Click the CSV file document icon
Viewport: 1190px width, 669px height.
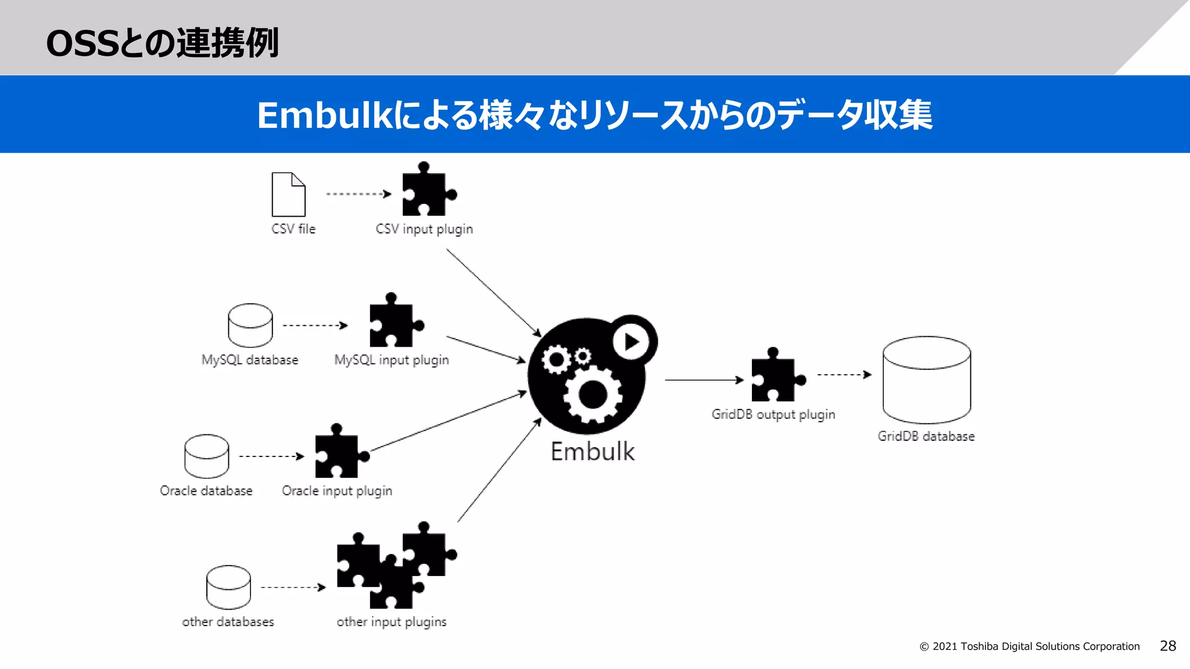point(288,195)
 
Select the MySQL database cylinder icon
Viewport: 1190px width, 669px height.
point(250,325)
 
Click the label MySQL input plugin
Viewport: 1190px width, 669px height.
point(391,360)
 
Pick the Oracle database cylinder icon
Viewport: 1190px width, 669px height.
point(206,456)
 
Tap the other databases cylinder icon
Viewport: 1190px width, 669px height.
point(228,587)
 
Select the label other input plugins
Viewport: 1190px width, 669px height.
point(391,622)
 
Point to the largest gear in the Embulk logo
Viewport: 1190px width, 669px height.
point(592,395)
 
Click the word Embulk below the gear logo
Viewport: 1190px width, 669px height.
point(592,452)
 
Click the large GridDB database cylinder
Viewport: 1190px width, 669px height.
point(926,380)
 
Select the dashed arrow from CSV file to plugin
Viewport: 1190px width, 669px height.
point(358,194)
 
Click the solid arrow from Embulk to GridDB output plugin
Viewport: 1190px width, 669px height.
point(704,380)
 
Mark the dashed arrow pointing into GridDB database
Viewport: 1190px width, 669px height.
point(844,375)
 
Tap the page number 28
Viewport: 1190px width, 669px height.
point(1167,646)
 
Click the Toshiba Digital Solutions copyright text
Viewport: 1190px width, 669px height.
point(1029,646)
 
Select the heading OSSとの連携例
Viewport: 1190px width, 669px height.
point(162,43)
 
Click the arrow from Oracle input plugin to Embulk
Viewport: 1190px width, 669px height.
point(447,422)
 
